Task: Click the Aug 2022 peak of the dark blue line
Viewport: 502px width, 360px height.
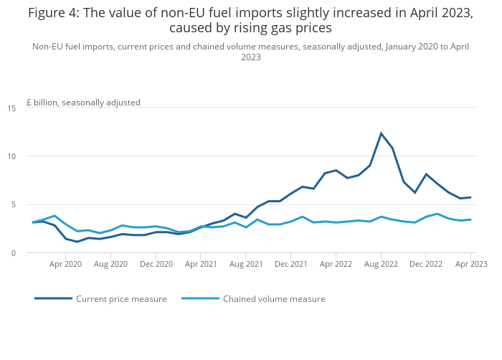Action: click(x=382, y=133)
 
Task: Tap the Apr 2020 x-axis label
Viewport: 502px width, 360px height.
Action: click(x=65, y=264)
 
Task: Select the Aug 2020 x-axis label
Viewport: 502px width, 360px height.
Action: click(x=110, y=264)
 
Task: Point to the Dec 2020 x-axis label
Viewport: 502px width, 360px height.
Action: click(x=156, y=264)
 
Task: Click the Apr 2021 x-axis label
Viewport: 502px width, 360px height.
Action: click(x=201, y=264)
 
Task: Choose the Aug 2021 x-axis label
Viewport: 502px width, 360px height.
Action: click(x=246, y=264)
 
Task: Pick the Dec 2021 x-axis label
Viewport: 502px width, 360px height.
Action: click(x=291, y=264)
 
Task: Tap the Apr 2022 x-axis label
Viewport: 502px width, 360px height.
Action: click(x=336, y=264)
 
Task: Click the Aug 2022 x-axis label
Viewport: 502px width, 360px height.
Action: click(x=381, y=264)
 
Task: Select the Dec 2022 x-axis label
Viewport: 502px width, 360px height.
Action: click(x=426, y=264)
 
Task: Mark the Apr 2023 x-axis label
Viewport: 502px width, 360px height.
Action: click(x=471, y=264)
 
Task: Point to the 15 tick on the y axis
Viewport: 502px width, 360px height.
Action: click(x=11, y=108)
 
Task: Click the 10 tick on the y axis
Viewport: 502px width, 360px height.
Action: click(x=11, y=156)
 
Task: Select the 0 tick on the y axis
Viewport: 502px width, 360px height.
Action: click(x=12, y=252)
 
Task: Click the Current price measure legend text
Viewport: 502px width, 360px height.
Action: click(x=121, y=299)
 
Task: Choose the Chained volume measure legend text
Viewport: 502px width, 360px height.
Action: click(x=274, y=299)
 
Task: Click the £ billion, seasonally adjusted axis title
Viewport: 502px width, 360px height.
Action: click(x=83, y=103)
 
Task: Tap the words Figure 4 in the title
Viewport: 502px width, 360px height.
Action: click(x=54, y=13)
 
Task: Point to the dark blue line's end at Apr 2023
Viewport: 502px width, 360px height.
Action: click(x=470, y=197)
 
